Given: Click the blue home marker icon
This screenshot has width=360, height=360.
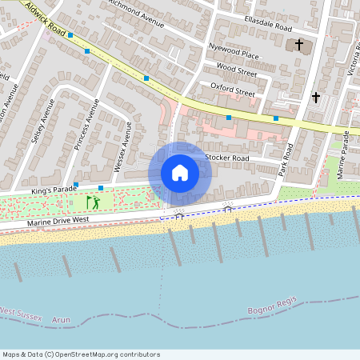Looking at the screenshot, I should point(180,172).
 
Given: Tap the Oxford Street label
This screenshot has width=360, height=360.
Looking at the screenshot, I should point(232,89).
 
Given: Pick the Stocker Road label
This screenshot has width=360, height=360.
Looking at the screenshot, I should point(227,158).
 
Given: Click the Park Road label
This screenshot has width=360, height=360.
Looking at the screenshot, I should point(287,159).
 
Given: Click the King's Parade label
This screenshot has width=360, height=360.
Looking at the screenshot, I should point(53,190).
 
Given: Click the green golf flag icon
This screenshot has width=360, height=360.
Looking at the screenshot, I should point(94,202).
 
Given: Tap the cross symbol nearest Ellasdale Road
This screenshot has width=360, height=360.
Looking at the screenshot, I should point(299,45).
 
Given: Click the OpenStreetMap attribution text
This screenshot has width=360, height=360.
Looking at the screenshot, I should point(81,354).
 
